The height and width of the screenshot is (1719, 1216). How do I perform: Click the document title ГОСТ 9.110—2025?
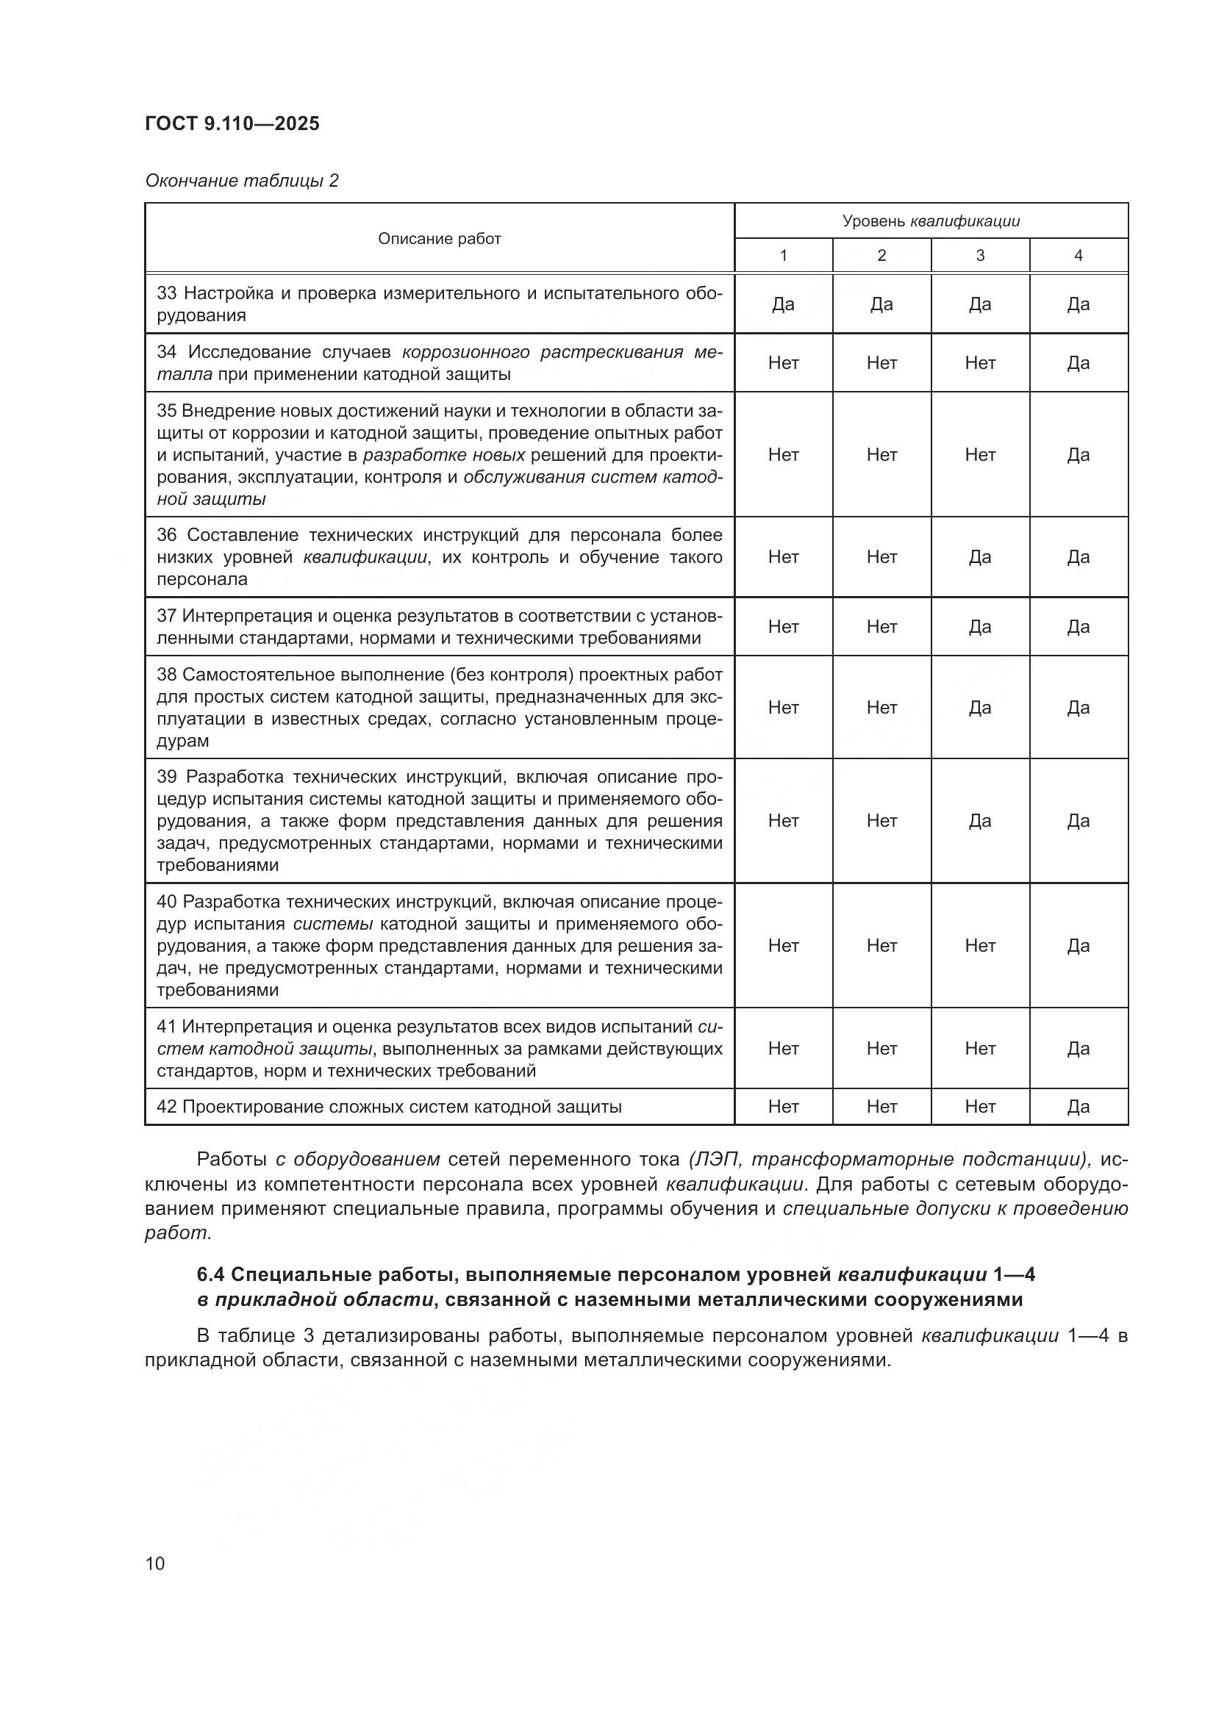232,124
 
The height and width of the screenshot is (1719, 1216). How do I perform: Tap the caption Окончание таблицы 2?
241,182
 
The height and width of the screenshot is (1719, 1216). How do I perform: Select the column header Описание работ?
439,239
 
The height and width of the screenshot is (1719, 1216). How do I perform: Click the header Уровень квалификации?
931,222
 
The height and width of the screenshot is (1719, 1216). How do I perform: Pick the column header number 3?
979,256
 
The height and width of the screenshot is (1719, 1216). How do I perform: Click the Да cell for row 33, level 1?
783,304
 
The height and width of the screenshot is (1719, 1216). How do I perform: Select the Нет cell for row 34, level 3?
979,363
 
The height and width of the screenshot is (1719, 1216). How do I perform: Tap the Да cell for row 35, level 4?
1078,455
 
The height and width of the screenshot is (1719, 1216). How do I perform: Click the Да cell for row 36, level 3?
979,557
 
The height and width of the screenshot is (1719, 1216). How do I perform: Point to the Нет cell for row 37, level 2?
881,627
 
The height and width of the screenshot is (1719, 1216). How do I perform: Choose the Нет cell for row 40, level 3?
979,946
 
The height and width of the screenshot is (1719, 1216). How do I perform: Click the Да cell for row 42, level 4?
1078,1107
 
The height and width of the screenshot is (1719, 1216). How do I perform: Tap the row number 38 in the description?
166,675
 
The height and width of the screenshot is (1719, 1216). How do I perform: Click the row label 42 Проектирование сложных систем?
389,1107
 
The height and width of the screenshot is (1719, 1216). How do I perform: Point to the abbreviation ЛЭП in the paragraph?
715,1160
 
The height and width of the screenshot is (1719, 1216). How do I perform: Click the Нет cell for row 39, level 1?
783,822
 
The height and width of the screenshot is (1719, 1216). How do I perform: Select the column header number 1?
783,256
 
